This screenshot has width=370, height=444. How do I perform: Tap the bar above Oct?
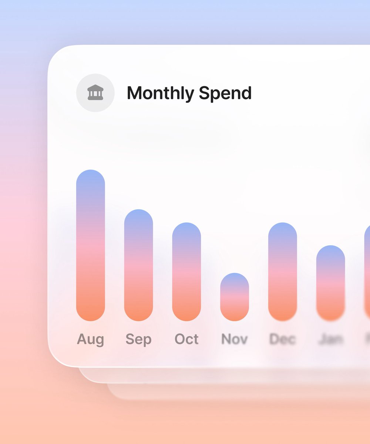(186, 272)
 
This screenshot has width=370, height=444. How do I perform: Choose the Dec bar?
(283, 272)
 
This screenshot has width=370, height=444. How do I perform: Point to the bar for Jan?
(330, 283)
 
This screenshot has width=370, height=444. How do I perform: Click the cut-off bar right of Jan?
(367, 272)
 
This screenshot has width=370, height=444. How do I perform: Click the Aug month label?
(91, 339)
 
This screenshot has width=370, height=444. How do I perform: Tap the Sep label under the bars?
(138, 339)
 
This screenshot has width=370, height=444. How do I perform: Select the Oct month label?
(186, 339)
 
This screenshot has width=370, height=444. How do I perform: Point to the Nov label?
(235, 339)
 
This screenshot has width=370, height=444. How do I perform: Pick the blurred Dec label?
(283, 339)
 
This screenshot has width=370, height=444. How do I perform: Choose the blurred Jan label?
(330, 339)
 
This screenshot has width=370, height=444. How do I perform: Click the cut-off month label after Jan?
(368, 339)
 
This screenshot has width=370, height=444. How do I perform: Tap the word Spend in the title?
(225, 93)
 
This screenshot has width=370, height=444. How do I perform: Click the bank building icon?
(95, 92)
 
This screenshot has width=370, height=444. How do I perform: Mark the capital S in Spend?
(204, 93)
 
